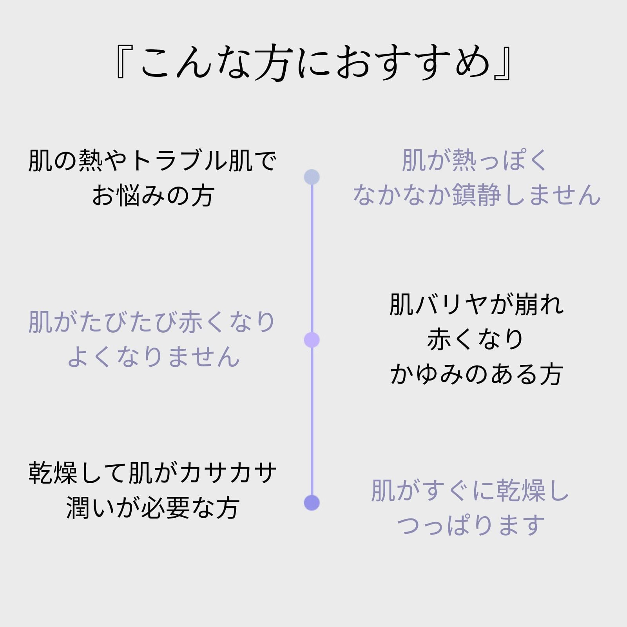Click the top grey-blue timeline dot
coord(312,177)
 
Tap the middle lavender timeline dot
coord(312,340)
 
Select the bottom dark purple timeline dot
coord(312,503)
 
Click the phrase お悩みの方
coord(153,196)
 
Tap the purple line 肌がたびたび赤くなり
coord(152,322)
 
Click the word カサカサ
coord(228,473)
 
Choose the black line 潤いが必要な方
coord(153,508)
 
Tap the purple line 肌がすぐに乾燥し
coord(470,491)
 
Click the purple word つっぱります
coord(471,526)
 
